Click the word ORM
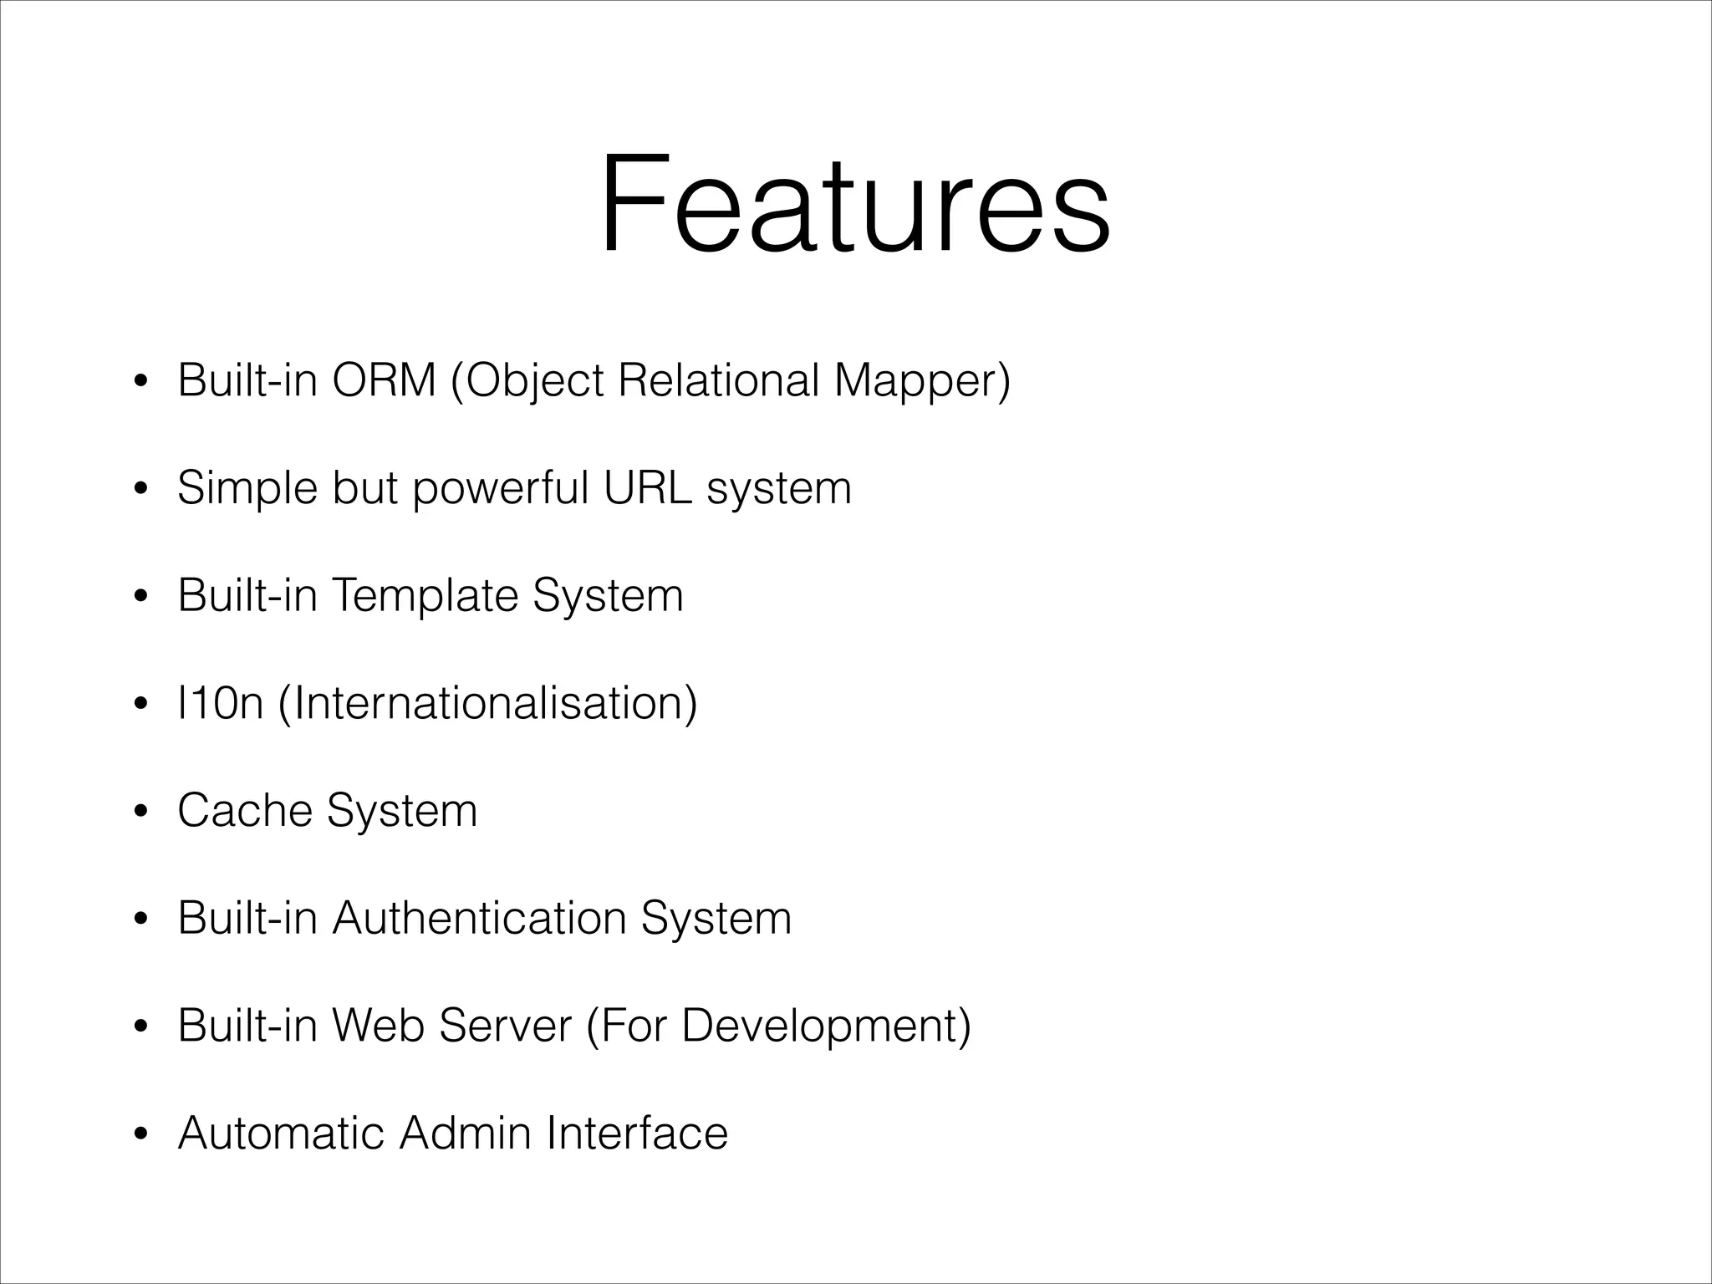[x=384, y=380]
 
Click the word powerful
[x=501, y=489]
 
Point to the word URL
[x=648, y=487]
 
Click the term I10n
[x=221, y=703]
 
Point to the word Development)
[x=826, y=1027]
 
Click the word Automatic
[x=281, y=1133]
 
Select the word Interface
[x=637, y=1133]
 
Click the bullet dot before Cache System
[x=141, y=812]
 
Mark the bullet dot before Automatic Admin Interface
[x=141, y=1134]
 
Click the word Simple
[x=247, y=489]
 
